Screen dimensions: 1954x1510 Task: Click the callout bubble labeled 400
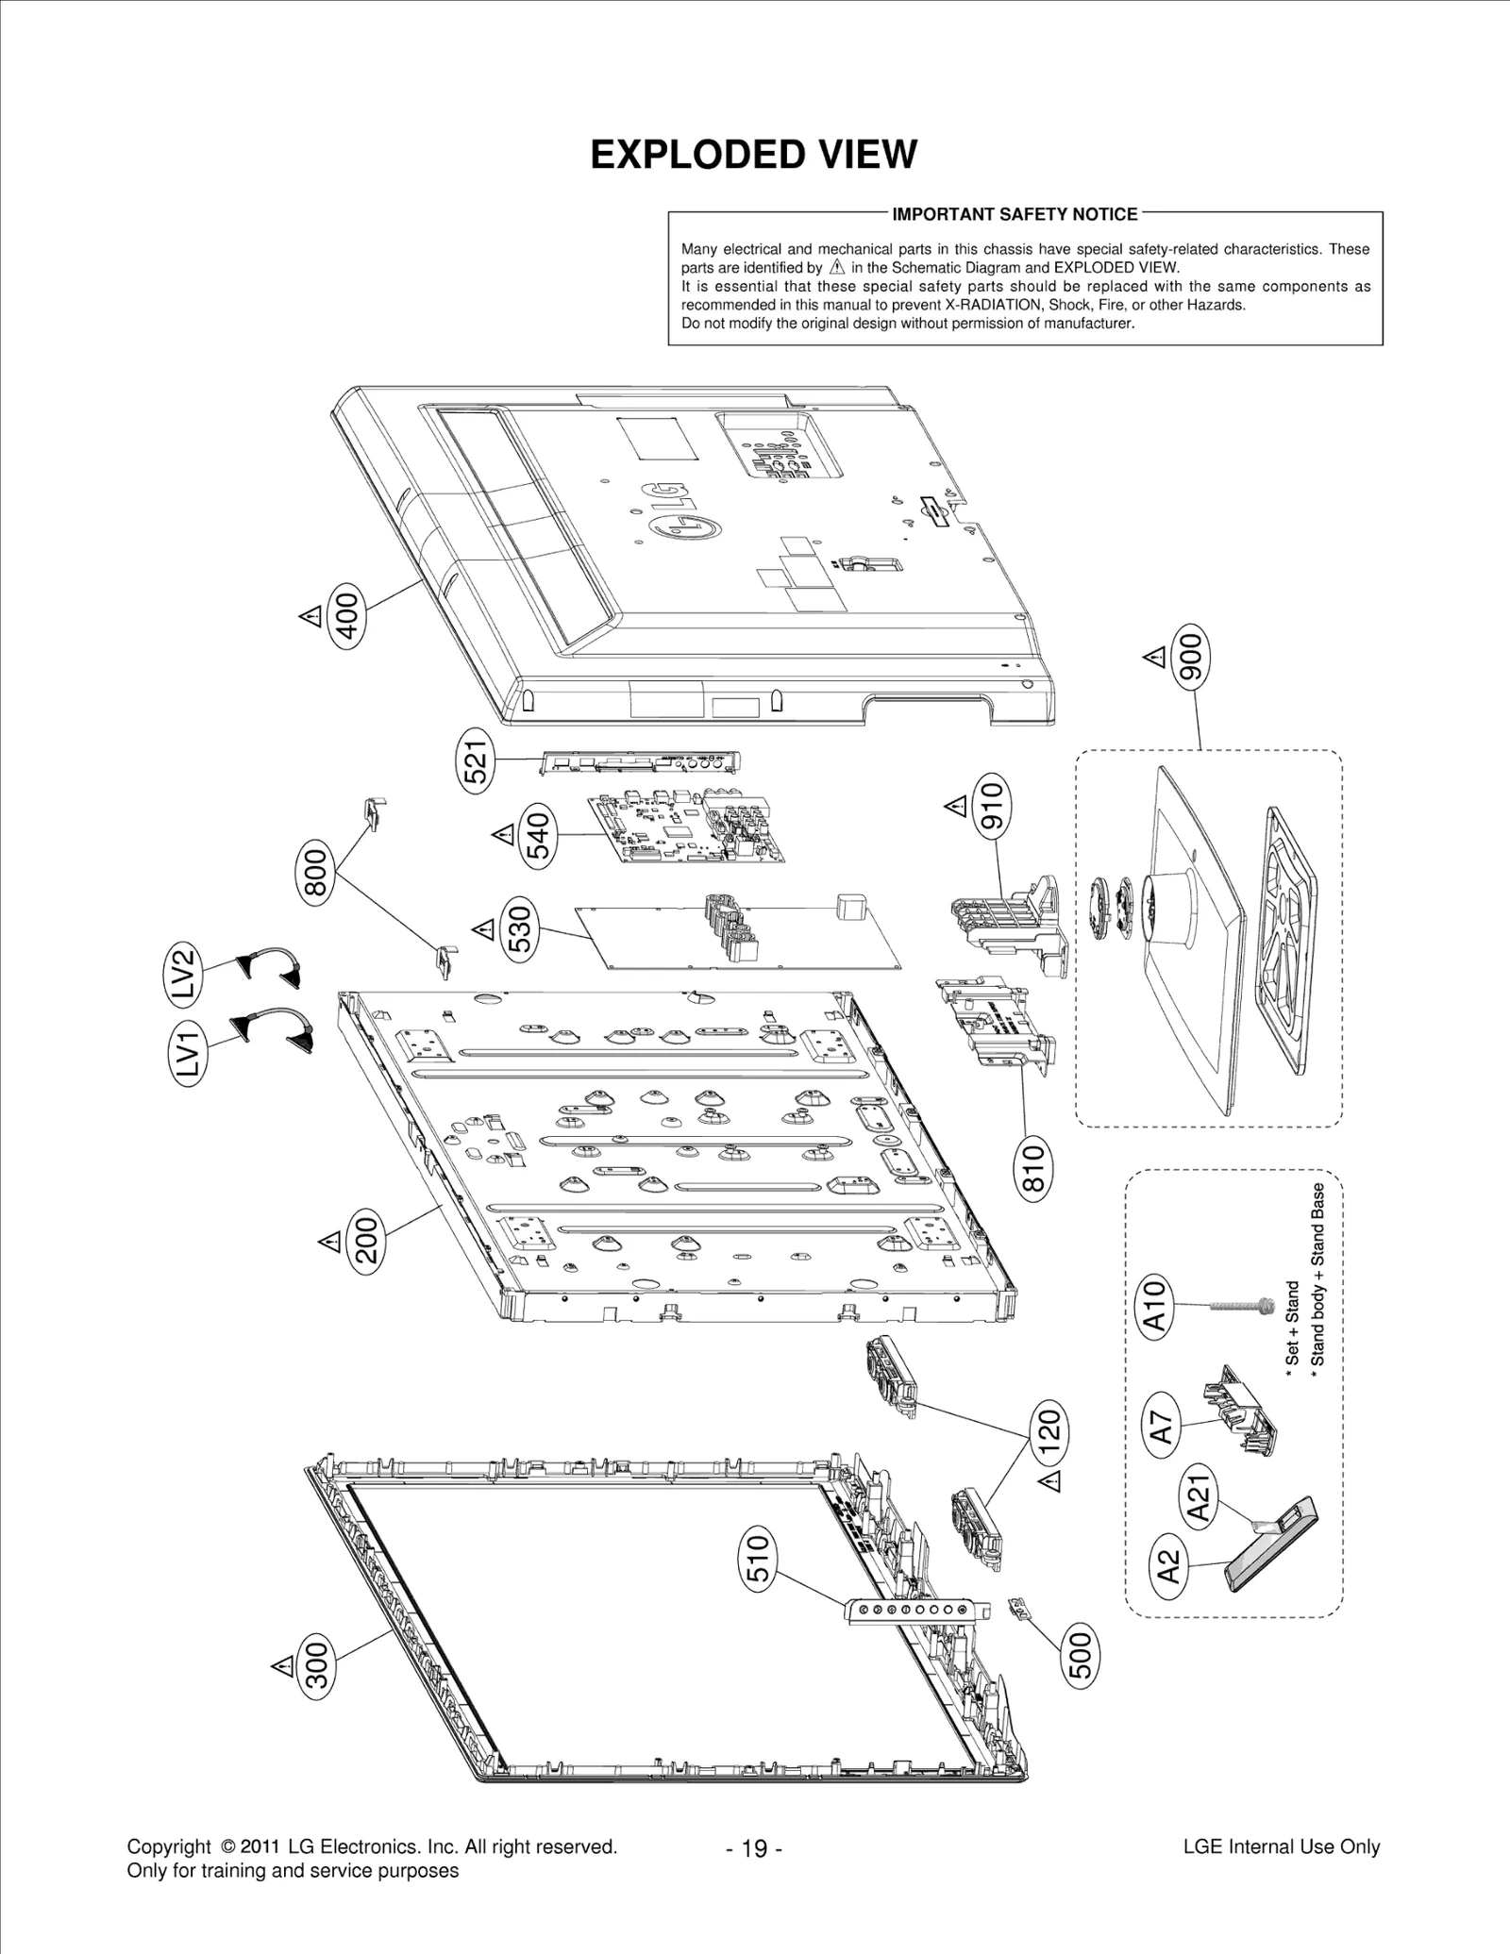click(x=347, y=612)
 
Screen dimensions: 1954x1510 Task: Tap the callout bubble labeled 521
click(x=477, y=759)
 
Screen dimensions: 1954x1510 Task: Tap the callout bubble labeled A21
click(x=1200, y=1498)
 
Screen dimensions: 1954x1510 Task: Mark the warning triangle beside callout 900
click(x=1154, y=657)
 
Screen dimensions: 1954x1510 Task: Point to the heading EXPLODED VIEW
click(x=753, y=155)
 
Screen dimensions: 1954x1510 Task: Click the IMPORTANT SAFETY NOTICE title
click(x=1015, y=214)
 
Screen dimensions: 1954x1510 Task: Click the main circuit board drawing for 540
click(x=686, y=827)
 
